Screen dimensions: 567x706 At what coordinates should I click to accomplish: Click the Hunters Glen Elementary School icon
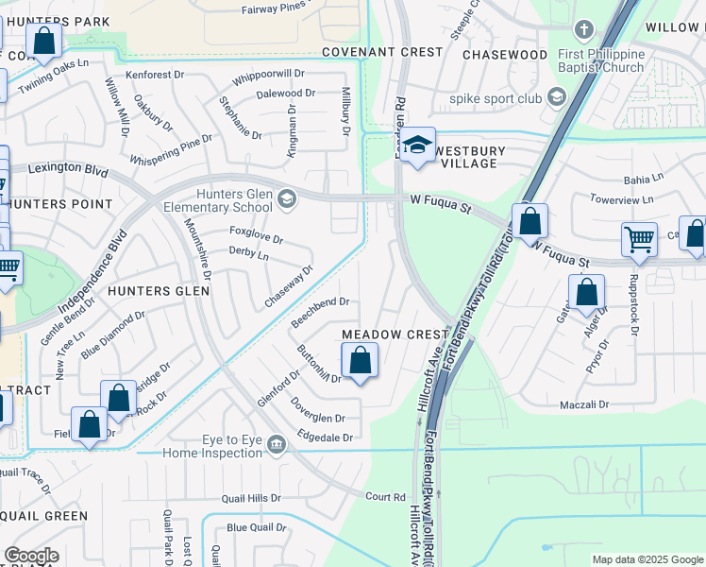coord(287,198)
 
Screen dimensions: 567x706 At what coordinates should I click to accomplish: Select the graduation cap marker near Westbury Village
coord(417,146)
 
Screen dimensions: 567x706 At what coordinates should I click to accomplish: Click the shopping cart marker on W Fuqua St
coord(639,240)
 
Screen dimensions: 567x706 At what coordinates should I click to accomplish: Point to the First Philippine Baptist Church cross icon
coord(583,29)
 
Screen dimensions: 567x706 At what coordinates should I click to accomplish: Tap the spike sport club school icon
coord(557,97)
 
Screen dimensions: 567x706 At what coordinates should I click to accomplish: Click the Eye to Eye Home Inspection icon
coord(277,444)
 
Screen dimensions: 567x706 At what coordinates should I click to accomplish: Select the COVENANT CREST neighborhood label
coord(381,52)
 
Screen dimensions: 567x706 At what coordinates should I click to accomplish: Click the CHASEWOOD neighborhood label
coord(504,55)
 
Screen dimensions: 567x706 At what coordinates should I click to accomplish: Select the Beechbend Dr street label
coord(321,311)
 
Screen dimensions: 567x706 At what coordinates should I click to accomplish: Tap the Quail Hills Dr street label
coord(251,498)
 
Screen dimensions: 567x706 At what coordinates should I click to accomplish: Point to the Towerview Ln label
coord(621,200)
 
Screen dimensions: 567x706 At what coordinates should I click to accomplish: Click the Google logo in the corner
coord(31,556)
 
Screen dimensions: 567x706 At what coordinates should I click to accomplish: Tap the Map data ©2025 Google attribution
coord(647,559)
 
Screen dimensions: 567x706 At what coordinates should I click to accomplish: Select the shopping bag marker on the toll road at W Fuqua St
coord(530,222)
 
